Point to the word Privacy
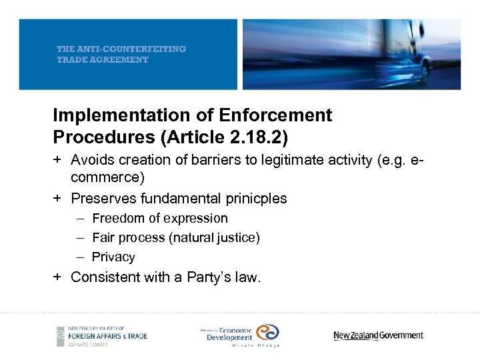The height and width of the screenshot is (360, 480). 113,257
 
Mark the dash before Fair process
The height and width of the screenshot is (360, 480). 80,237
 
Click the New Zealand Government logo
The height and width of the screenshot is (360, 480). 378,335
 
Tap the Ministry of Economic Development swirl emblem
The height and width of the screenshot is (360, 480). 267,332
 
